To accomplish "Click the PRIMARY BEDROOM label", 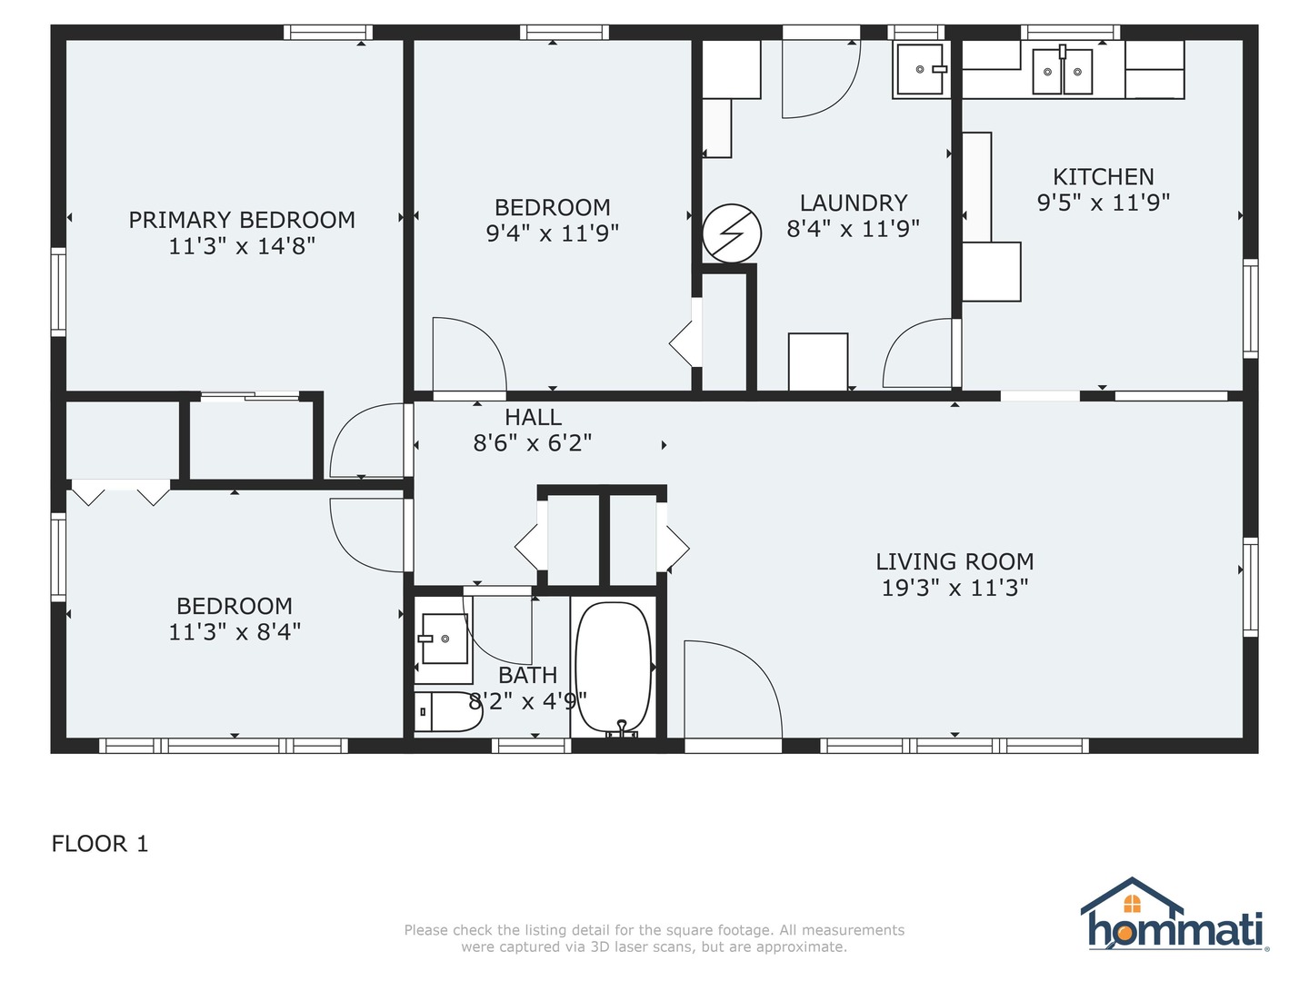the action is coord(242,220).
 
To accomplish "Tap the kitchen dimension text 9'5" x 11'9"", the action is coord(1104,203).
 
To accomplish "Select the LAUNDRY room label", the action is coord(854,203).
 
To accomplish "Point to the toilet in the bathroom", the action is coord(447,711).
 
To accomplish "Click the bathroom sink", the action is coord(445,639).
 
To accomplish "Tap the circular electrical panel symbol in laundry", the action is coord(732,233).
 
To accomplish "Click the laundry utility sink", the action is coord(921,70).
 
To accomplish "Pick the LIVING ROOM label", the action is coord(954,561).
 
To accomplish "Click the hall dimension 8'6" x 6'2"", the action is coord(533,443).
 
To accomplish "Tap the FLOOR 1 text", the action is coord(100,844).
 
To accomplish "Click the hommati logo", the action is coord(1174,915).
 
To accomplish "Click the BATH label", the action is coord(528,676).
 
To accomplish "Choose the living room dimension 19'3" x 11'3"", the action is coord(954,588).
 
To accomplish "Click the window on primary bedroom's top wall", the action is coord(327,32).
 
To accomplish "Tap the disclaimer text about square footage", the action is coord(654,938).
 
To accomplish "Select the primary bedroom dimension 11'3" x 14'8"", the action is coord(242,246).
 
